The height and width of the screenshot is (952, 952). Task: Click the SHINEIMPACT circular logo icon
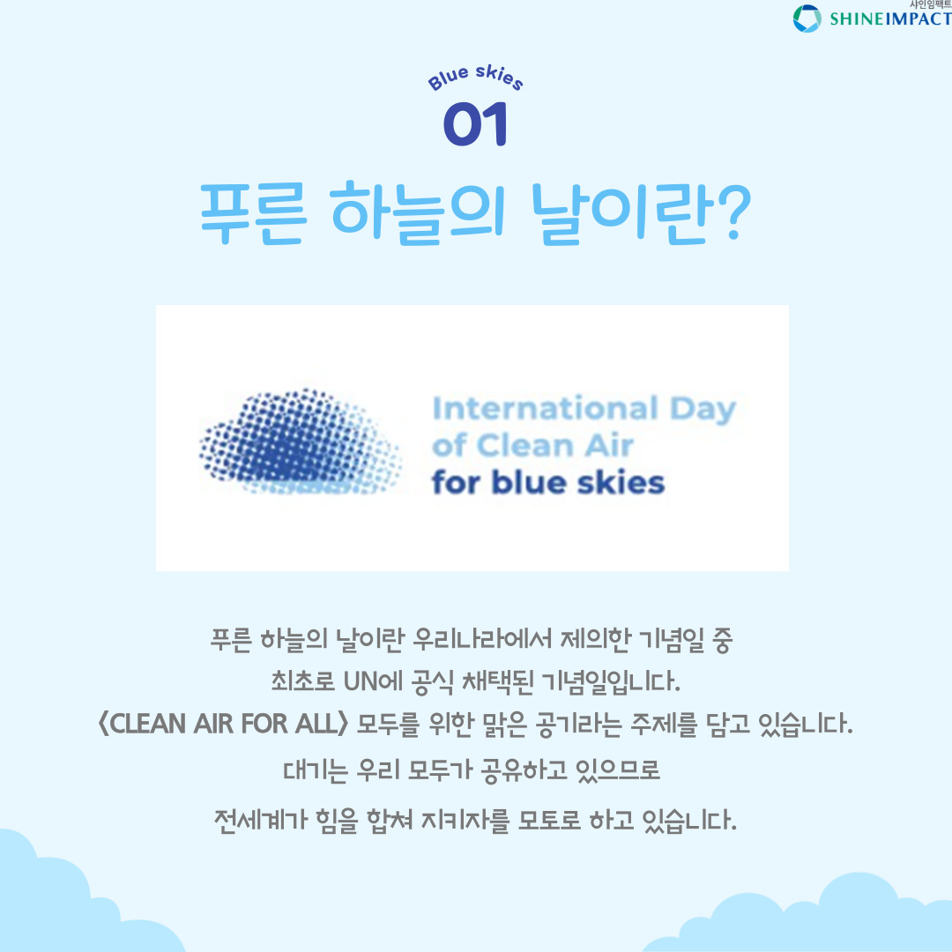(x=807, y=19)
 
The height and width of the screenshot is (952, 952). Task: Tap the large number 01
(x=475, y=124)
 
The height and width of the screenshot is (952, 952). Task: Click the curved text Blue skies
(x=475, y=78)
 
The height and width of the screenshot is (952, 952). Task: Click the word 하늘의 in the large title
(x=418, y=213)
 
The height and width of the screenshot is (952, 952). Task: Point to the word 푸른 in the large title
(x=253, y=213)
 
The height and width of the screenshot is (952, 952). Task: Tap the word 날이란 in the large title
(x=621, y=213)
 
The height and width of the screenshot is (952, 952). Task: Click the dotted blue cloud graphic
(x=300, y=442)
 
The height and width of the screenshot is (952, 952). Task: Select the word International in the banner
(x=546, y=409)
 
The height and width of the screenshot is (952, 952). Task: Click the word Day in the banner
(x=703, y=410)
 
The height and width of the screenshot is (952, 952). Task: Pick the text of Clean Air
(x=532, y=446)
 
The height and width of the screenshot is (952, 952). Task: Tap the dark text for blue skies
(x=548, y=483)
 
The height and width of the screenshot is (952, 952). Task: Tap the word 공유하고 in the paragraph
(x=523, y=770)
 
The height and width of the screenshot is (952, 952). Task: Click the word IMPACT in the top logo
(x=918, y=19)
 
